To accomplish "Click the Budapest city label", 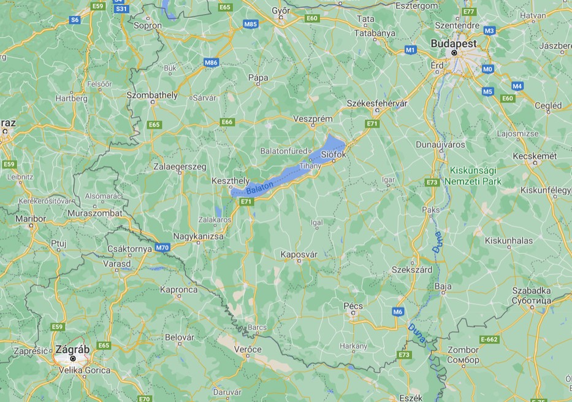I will click(x=454, y=44).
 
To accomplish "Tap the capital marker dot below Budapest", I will click(x=454, y=53).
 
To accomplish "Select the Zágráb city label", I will click(x=72, y=349).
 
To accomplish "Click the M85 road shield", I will click(x=251, y=23).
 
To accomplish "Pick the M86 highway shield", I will click(x=212, y=62).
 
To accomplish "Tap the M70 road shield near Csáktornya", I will click(x=162, y=247).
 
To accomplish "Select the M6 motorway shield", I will click(x=398, y=312).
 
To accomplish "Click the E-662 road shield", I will click(x=490, y=339).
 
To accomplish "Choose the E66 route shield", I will click(x=227, y=122).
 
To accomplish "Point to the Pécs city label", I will click(x=353, y=306).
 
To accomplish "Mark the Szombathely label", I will click(x=151, y=95).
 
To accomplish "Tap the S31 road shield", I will click(x=122, y=9).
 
